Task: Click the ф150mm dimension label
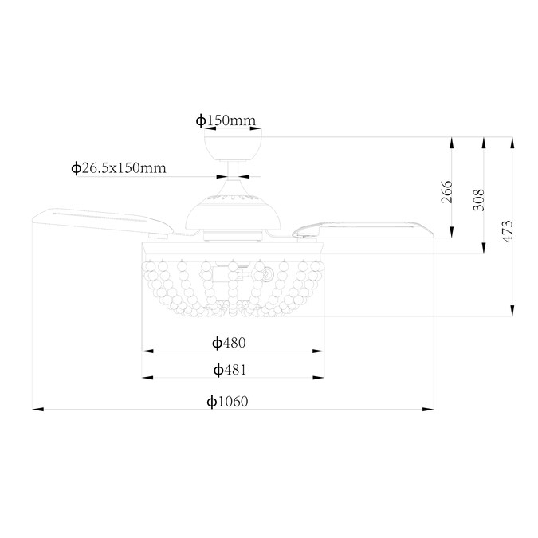(x=226, y=120)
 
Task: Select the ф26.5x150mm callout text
(x=119, y=168)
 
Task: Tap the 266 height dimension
(x=446, y=191)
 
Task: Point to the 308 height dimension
(x=479, y=199)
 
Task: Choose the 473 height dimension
(x=508, y=231)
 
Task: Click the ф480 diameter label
(x=229, y=343)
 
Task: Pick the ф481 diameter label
(x=230, y=370)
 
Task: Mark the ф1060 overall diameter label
(x=227, y=401)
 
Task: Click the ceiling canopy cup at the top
(x=233, y=146)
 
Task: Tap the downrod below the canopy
(x=233, y=170)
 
